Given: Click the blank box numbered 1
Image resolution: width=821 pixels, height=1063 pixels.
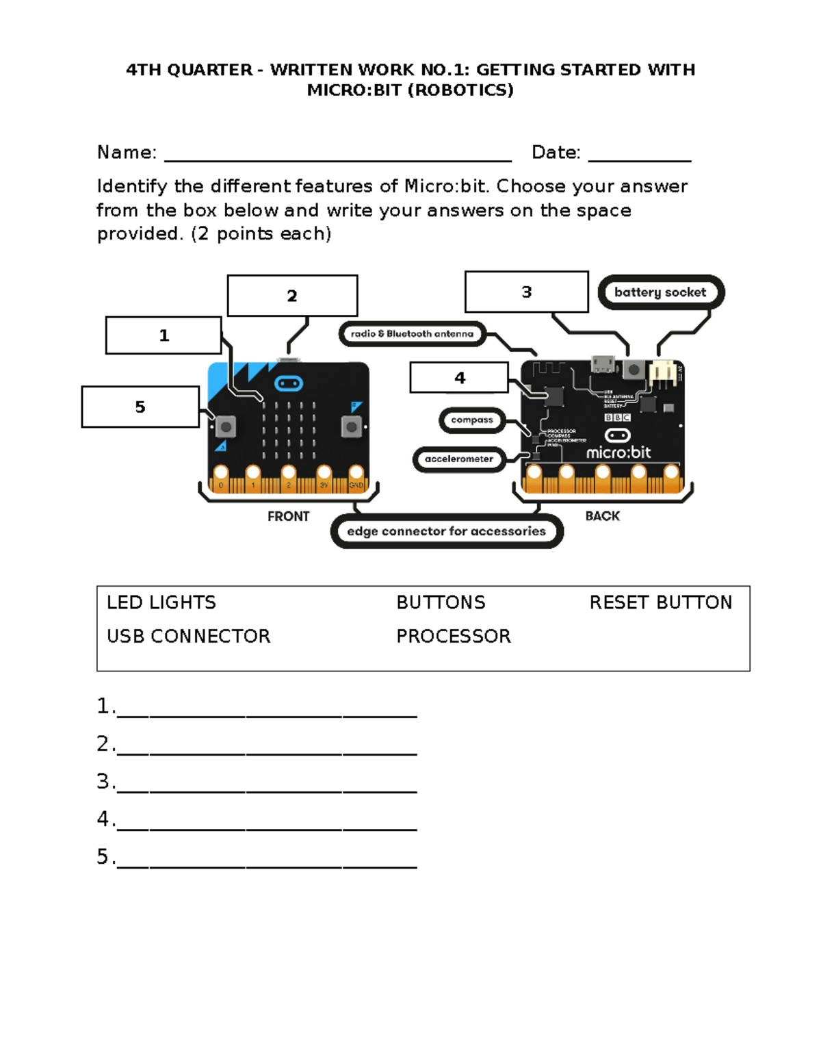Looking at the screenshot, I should (164, 335).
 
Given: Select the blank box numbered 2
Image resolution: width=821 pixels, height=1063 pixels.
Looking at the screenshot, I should (292, 296).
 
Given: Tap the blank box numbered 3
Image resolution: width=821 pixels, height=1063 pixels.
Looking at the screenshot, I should (526, 292).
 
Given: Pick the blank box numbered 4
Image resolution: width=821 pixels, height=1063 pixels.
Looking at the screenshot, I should (459, 378).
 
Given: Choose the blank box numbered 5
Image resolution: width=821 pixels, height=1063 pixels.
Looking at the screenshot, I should (140, 407).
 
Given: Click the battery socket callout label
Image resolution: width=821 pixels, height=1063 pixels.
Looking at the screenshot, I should (660, 292).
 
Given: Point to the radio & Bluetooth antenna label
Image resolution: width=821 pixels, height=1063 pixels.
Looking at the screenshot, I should (412, 334).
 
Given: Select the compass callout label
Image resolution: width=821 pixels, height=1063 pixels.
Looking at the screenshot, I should (471, 420).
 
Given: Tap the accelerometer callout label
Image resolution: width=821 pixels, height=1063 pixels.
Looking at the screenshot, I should (458, 459).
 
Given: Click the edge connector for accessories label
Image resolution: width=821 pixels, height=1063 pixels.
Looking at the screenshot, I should (446, 532).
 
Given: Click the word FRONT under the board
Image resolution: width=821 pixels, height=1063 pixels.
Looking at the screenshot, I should (288, 516).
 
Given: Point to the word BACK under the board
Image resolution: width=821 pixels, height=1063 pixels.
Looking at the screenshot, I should (602, 516).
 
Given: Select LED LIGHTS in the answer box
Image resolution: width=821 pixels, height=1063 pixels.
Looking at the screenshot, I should (161, 602).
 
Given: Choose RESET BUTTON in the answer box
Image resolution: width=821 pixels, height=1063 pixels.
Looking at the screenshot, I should (660, 602).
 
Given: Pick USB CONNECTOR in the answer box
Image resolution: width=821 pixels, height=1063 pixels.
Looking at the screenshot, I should (189, 636).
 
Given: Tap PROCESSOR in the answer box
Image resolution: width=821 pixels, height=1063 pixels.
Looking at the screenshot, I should (454, 636).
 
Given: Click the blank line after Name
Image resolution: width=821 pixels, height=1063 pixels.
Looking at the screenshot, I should (338, 155).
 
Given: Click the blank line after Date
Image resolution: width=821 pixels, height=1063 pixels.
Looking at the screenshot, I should (640, 155).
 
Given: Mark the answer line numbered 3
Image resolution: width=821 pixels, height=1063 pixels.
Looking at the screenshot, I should (267, 784).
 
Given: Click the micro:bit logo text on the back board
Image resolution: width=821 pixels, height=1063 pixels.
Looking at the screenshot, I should (618, 452).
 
